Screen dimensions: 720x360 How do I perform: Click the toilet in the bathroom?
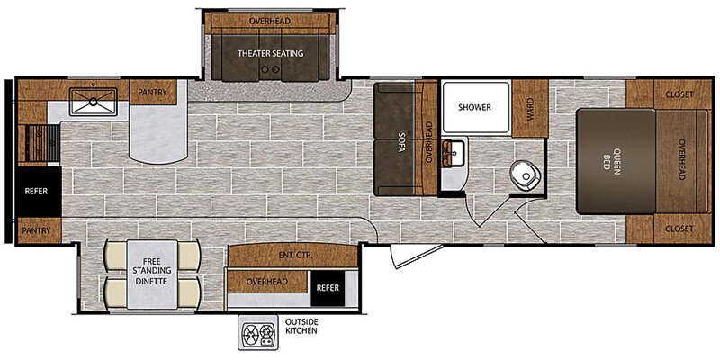point(523,175)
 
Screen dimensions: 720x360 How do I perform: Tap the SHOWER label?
point(474,107)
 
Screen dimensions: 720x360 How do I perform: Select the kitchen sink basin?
point(94,102)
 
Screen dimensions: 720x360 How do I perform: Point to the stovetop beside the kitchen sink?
point(42,143)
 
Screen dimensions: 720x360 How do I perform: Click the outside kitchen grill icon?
point(258,332)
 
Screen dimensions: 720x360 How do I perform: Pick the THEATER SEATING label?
point(271,54)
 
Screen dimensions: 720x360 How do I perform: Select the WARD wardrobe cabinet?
point(530,108)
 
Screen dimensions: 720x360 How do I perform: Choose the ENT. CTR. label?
point(292,256)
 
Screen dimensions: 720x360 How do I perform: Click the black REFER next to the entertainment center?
point(328,288)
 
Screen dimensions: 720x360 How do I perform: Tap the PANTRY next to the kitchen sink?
point(153,93)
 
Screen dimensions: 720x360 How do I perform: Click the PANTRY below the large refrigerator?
point(39,230)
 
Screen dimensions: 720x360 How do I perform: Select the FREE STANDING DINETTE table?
point(152,274)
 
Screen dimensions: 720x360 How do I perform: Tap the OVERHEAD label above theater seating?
point(270,21)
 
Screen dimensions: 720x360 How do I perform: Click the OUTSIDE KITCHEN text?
point(301,326)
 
